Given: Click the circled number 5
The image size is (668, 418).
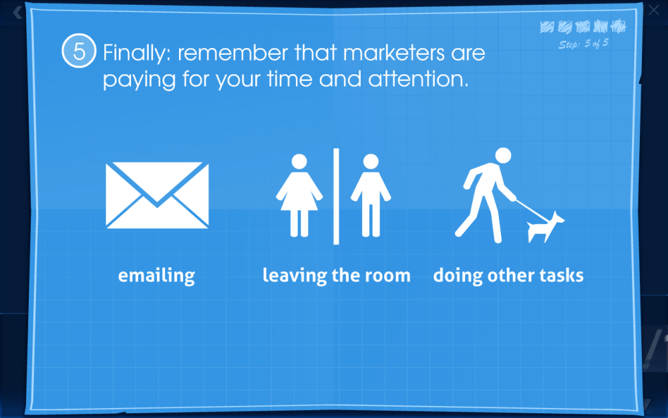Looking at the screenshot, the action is (x=79, y=51).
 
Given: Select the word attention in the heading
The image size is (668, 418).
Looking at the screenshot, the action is (x=418, y=80).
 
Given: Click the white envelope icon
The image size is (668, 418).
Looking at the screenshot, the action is (x=157, y=195).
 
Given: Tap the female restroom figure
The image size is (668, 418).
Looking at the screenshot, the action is (x=299, y=195).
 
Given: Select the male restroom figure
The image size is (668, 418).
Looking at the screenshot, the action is (x=371, y=195).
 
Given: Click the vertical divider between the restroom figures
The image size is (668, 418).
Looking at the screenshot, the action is (x=336, y=196).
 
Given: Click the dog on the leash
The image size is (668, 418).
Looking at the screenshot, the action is (x=544, y=227).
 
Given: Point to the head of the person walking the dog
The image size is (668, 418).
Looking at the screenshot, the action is (x=503, y=156).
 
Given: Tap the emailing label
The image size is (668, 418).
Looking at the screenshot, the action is (x=156, y=276).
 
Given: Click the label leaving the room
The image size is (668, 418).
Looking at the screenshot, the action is (x=337, y=275).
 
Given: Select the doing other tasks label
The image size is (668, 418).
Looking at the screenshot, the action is (x=508, y=275).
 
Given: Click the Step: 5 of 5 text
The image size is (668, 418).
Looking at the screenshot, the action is (x=583, y=44).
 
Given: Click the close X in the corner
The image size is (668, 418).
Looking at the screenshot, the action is (x=653, y=10).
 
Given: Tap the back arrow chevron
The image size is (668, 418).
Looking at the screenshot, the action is (x=17, y=12).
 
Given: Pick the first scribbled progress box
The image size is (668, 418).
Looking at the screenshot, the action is (x=547, y=27).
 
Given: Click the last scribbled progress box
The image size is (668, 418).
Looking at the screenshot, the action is (x=618, y=27).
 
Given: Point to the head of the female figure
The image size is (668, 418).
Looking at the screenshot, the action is (x=299, y=162).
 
